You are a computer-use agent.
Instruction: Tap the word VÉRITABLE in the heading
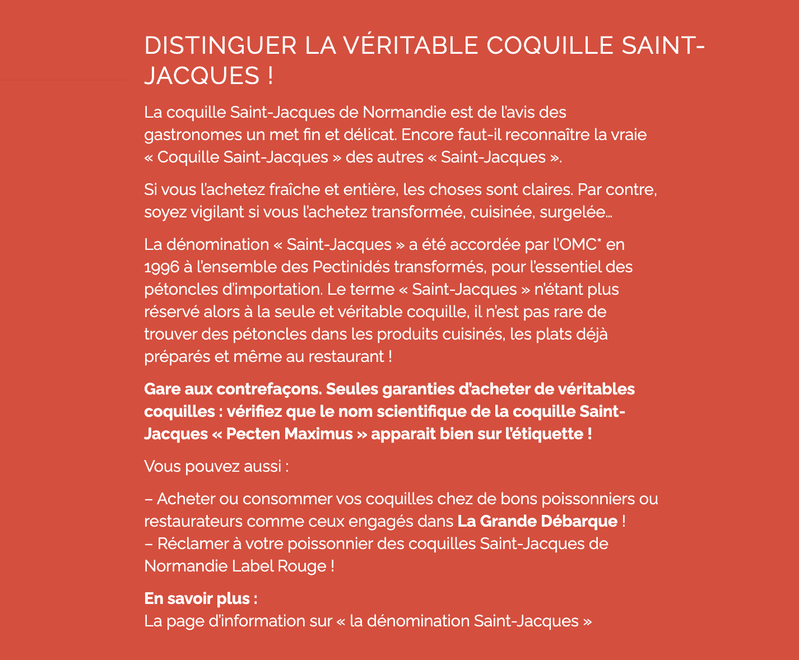click(411, 46)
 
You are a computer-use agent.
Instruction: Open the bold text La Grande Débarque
click(537, 522)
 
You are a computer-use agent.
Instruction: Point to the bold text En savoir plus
click(200, 599)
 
